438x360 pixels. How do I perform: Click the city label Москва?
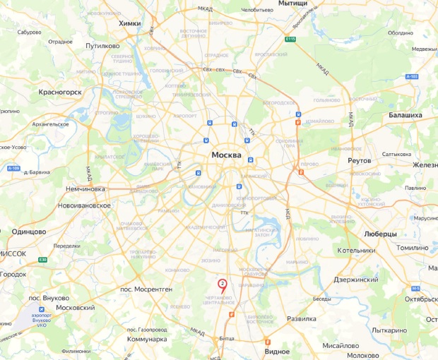click(x=227, y=155)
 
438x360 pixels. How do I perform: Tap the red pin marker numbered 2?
click(x=223, y=284)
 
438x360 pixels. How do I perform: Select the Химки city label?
click(x=130, y=23)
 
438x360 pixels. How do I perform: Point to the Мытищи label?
click(x=293, y=4)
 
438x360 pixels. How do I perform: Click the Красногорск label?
click(x=61, y=92)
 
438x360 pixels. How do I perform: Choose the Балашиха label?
click(x=406, y=114)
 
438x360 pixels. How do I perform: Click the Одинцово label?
click(x=29, y=232)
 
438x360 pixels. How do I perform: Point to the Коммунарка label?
click(x=146, y=339)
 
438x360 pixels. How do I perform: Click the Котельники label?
click(x=356, y=250)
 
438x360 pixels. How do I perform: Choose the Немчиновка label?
click(x=85, y=189)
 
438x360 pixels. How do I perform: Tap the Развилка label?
click(x=301, y=318)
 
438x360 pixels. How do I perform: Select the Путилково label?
click(x=102, y=45)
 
